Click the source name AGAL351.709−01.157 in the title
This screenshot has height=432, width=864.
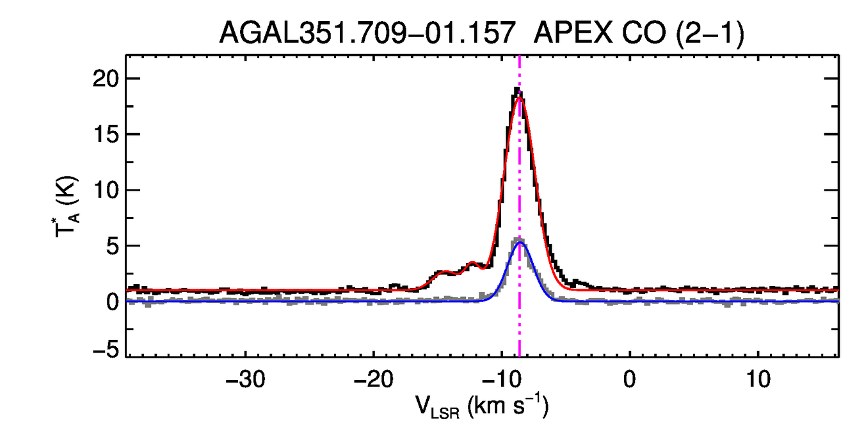pos(367,33)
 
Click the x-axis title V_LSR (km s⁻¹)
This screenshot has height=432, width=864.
pos(485,407)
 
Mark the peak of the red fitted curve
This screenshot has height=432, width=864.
pos(520,98)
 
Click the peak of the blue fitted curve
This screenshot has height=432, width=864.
pos(520,243)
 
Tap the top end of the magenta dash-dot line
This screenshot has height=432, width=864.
pos(520,57)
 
